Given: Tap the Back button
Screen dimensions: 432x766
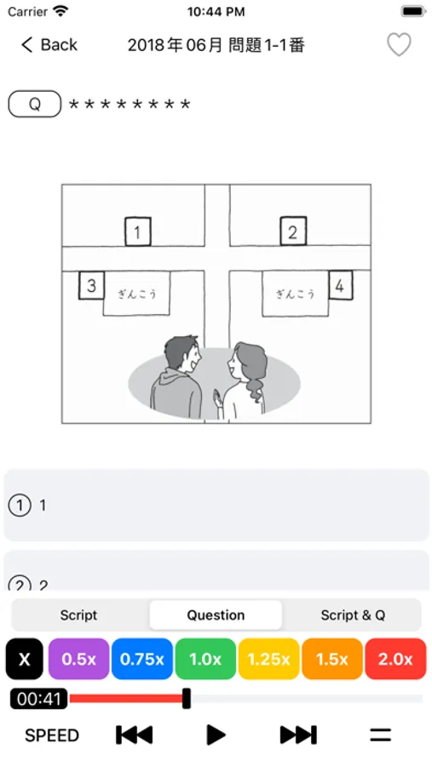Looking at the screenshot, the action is click(x=49, y=45).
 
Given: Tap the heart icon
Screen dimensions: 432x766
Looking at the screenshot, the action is click(x=399, y=45).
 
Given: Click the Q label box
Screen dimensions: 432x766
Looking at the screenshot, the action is click(x=35, y=104).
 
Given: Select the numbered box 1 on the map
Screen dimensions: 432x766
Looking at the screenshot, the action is click(x=137, y=232).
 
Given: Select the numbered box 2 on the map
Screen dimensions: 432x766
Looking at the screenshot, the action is click(x=293, y=231).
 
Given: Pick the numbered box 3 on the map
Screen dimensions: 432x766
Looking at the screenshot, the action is click(x=91, y=285).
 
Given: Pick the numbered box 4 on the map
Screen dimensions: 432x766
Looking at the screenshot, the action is click(x=340, y=285).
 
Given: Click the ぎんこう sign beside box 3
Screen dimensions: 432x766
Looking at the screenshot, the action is click(x=136, y=294).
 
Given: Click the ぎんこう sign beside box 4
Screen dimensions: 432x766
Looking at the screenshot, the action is click(x=295, y=294).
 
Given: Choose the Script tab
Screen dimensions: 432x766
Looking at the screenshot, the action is click(x=78, y=615).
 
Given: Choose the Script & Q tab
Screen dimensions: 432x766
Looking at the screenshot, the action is click(x=353, y=615).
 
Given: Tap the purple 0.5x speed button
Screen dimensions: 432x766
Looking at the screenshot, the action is click(x=78, y=659).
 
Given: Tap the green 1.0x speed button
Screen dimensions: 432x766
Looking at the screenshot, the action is click(x=205, y=659).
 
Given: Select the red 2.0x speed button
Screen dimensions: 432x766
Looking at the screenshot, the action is click(x=395, y=659).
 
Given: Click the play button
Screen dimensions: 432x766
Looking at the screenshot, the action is click(x=216, y=735).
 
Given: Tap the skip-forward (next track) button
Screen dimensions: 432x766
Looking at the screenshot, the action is click(x=298, y=735).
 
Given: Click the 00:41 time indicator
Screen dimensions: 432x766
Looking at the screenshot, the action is click(x=38, y=699).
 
